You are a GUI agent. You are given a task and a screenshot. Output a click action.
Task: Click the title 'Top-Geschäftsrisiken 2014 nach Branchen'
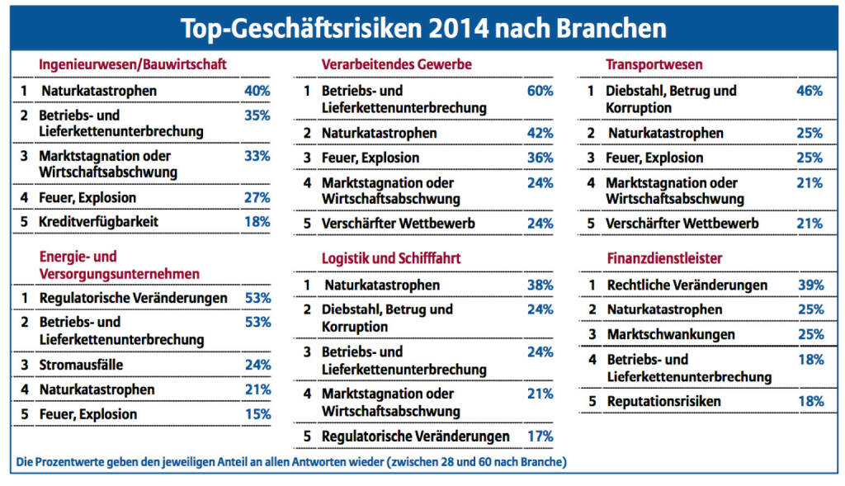pos(422,28)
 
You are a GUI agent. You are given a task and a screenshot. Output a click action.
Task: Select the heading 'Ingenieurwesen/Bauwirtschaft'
pos(133,64)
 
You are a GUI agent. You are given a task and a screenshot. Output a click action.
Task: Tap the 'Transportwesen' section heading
pos(654,64)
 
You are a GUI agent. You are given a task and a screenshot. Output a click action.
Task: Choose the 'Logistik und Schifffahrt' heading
pos(390,258)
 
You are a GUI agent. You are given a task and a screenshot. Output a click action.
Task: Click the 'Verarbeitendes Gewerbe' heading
pos(396,64)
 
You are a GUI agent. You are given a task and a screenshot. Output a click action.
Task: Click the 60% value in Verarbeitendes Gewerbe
pos(540,91)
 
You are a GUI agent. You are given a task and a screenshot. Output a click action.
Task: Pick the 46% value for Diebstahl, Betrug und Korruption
pos(810,91)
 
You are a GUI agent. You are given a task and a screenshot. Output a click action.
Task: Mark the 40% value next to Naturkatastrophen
pos(257,91)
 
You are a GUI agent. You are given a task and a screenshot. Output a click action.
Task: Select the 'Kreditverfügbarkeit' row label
pos(98,222)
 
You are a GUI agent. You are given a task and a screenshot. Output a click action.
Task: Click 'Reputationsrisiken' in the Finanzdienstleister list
pos(663,401)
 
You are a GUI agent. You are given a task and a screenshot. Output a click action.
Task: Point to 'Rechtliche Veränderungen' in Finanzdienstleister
pos(687,285)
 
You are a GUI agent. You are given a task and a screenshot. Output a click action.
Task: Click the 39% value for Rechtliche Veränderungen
pos(810,285)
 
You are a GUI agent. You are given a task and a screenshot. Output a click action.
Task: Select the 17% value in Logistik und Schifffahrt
pos(540,436)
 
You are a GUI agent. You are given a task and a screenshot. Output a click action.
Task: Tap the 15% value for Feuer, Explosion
pos(257,414)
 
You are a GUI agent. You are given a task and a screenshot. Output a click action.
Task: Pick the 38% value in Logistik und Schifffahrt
pos(540,285)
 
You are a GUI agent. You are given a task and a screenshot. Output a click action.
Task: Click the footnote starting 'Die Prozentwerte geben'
pos(291,461)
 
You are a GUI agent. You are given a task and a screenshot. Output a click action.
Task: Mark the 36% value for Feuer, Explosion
pos(540,158)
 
